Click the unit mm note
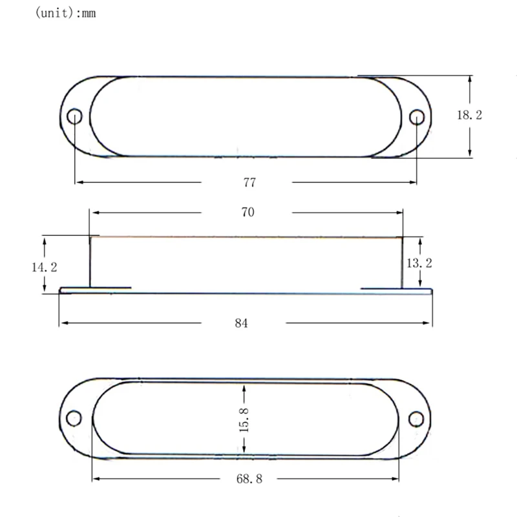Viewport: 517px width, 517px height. click(x=65, y=13)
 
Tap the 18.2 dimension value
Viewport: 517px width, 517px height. click(x=469, y=115)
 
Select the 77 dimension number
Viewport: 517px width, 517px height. click(x=249, y=182)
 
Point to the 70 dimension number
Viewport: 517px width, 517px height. click(x=248, y=212)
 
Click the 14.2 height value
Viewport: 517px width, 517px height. click(x=44, y=267)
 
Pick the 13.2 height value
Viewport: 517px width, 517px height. click(x=419, y=263)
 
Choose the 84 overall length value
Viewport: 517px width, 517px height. click(x=241, y=323)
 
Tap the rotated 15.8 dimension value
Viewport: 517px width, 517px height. click(x=244, y=421)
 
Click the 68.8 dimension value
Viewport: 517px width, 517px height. click(x=249, y=479)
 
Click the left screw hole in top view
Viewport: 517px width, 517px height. click(x=74, y=116)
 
